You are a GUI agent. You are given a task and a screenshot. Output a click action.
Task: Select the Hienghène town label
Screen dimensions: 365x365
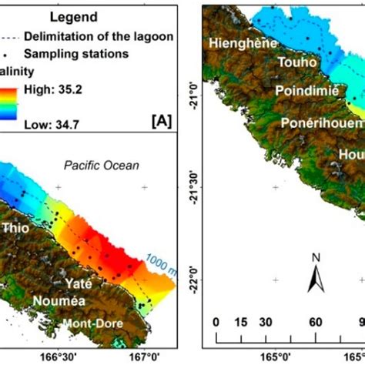[x=240, y=44]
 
